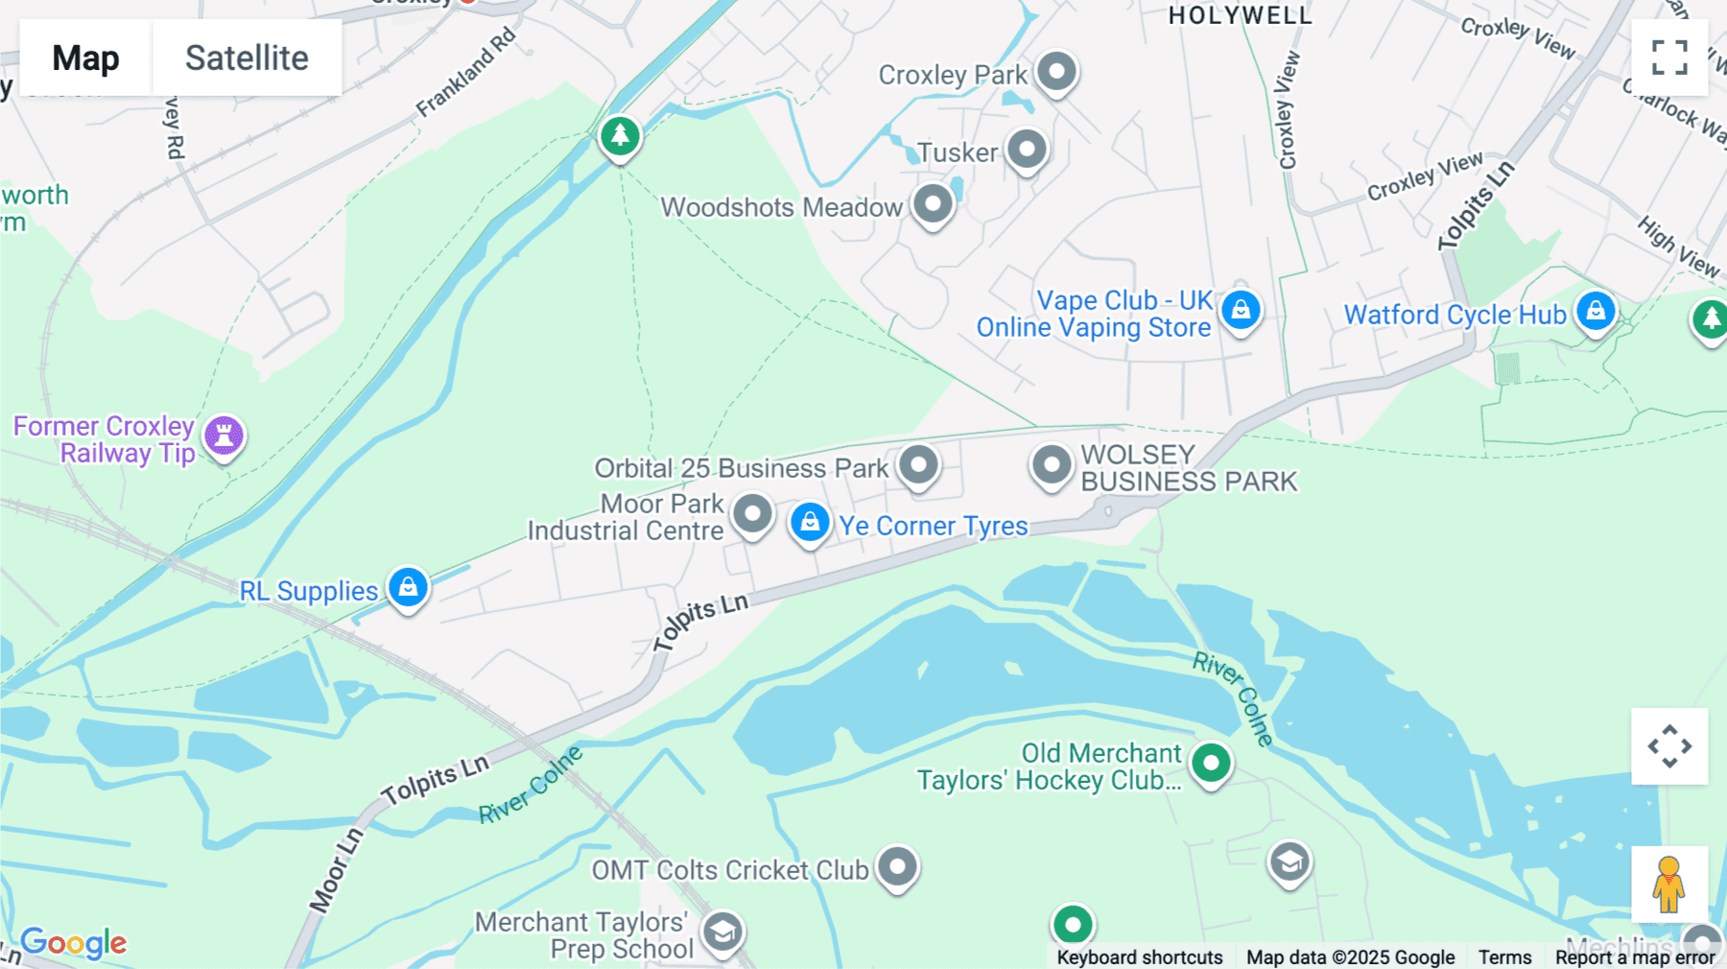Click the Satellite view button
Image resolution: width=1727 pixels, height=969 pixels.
[247, 59]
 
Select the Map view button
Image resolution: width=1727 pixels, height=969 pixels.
[85, 59]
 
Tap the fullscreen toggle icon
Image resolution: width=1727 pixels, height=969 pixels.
[1669, 58]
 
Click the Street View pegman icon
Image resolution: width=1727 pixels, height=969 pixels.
[1668, 885]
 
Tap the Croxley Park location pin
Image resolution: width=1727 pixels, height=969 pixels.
[1057, 72]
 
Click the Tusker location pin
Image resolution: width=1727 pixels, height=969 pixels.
[1027, 150]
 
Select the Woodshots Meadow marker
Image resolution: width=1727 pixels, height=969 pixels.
[933, 203]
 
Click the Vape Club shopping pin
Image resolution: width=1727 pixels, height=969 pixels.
[1241, 310]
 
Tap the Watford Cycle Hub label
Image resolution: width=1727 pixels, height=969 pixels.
[1455, 315]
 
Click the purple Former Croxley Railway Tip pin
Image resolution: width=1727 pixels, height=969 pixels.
[224, 436]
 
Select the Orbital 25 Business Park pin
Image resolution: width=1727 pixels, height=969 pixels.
[918, 465]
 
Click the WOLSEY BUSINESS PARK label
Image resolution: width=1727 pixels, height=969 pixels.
[1188, 468]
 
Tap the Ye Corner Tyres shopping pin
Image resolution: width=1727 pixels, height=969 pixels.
[810, 522]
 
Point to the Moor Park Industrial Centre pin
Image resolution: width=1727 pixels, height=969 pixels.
[752, 514]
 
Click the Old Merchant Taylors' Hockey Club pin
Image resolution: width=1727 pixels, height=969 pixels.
[1211, 764]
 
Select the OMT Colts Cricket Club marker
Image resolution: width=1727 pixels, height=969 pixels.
[897, 866]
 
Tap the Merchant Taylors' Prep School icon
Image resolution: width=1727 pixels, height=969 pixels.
[722, 932]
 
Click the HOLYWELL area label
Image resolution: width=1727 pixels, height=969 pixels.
[1240, 15]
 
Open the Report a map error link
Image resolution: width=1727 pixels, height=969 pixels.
[1634, 957]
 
